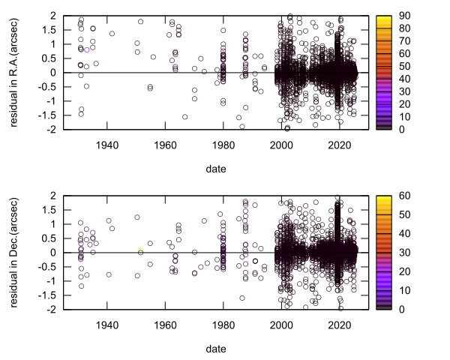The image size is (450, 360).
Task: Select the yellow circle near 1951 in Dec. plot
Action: coord(140,251)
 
